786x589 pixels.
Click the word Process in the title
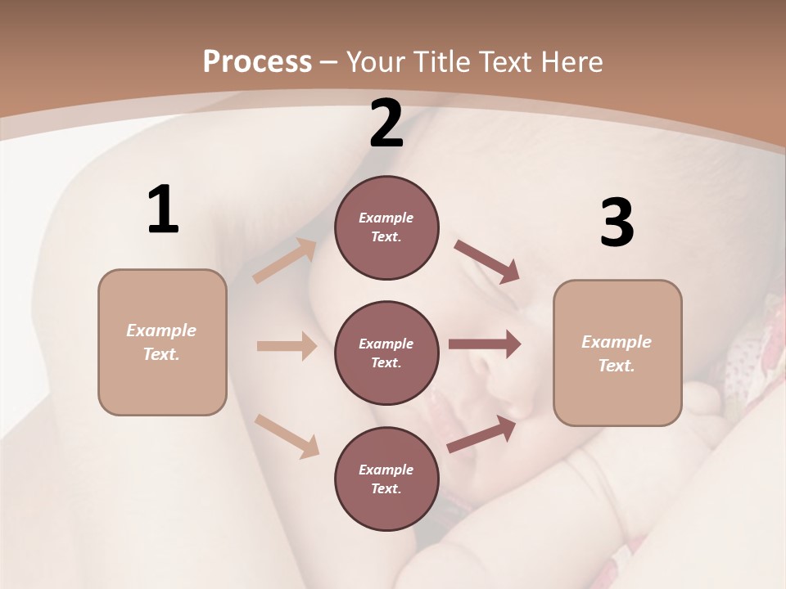(x=257, y=61)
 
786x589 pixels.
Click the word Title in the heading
(x=440, y=61)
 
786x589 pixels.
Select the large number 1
(x=163, y=209)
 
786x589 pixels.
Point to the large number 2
(x=386, y=124)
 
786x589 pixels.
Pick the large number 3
(x=617, y=223)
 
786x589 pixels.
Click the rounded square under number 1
(x=162, y=342)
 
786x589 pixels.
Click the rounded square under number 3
(x=617, y=353)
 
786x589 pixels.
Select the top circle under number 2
(x=386, y=227)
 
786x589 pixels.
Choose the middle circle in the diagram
(x=386, y=353)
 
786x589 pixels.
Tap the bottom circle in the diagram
(x=386, y=479)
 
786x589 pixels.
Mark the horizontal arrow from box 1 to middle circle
(x=287, y=346)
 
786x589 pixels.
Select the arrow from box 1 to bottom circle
(x=287, y=435)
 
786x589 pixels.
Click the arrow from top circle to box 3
(x=486, y=261)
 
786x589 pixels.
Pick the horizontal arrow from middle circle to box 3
(x=485, y=344)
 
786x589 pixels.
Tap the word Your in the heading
(x=376, y=61)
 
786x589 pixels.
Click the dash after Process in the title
(x=329, y=62)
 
